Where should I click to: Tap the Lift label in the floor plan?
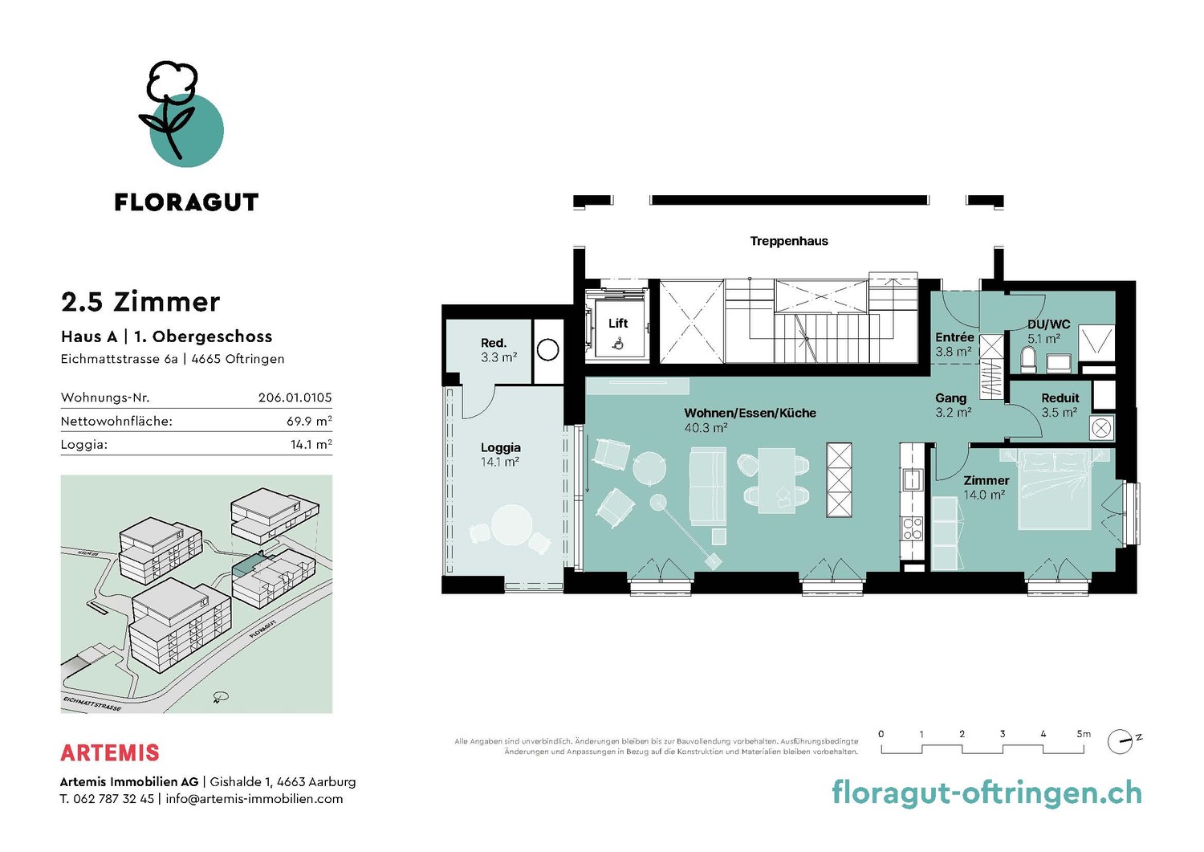click(617, 324)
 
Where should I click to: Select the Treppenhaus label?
click(789, 241)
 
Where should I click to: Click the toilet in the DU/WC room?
click(1027, 359)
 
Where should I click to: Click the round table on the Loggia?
click(512, 524)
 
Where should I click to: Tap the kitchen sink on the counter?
click(912, 479)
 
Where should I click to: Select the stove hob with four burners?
click(912, 528)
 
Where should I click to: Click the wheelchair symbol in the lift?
click(619, 343)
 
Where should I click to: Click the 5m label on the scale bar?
click(1084, 734)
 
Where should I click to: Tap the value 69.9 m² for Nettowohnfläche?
click(309, 421)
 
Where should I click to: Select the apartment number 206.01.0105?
click(295, 397)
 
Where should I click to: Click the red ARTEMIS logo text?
click(110, 752)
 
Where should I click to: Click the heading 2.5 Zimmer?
click(140, 302)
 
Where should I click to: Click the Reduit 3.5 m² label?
click(1060, 405)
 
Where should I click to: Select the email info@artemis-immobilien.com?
click(254, 799)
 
